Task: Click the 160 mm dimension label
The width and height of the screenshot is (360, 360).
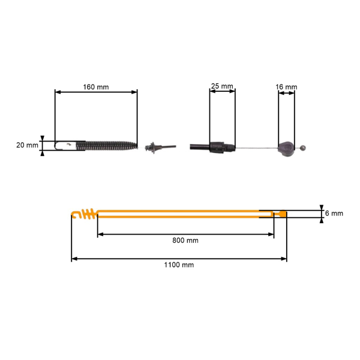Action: tap(96, 87)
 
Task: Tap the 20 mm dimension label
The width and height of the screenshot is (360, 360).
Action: tap(27, 145)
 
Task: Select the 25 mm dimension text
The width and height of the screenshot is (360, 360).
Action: tap(222, 86)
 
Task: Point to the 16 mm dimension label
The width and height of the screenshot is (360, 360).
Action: tap(286, 87)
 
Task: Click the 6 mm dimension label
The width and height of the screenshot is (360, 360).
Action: tap(334, 213)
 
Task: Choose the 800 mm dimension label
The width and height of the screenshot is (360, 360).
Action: tap(185, 241)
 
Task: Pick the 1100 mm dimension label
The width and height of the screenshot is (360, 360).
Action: tap(179, 265)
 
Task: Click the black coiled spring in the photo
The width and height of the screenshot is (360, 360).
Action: tap(107, 146)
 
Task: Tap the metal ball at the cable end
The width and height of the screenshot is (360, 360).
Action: tap(303, 148)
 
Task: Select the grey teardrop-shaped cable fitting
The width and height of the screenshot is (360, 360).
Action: tap(286, 149)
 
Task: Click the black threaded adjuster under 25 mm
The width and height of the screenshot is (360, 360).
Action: tap(222, 148)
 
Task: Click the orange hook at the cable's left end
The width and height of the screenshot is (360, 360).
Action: tap(76, 214)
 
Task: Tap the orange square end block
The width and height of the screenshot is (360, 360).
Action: tap(283, 214)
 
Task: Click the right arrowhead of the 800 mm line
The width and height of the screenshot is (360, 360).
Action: tap(271, 235)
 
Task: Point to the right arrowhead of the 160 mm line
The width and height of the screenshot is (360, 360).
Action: tap(134, 92)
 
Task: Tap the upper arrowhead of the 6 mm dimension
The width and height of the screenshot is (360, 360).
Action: tap(322, 208)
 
